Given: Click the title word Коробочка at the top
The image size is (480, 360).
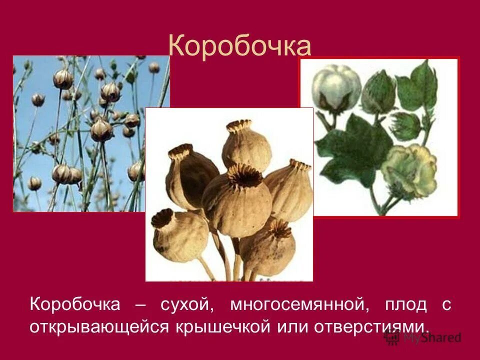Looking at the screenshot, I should point(239,46).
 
